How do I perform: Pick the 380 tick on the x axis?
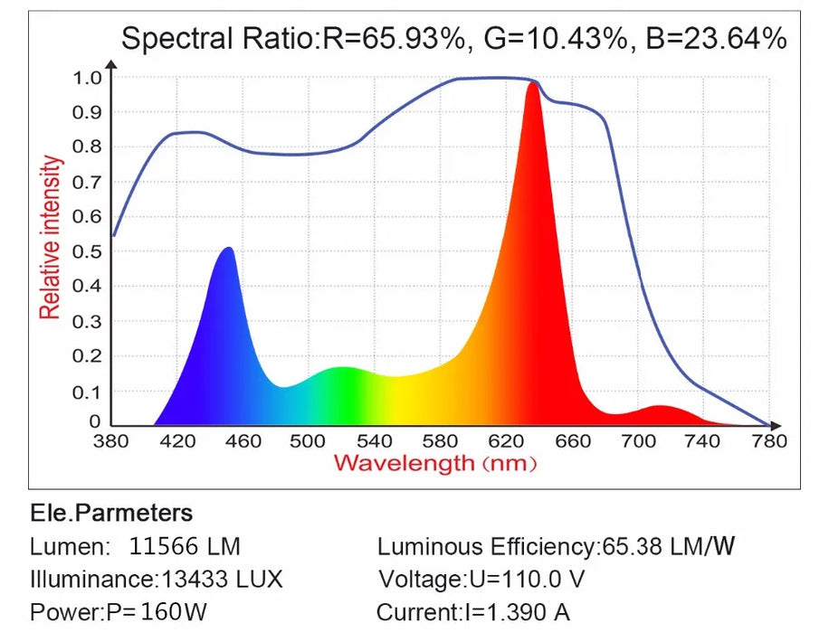point(112,441)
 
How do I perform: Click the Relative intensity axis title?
point(52,237)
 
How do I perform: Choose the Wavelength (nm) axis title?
point(435,464)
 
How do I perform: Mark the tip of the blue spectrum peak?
point(228,249)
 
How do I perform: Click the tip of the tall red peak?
point(533,84)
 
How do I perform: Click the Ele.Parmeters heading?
point(111,514)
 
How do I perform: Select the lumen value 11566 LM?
point(185,546)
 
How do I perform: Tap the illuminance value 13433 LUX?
point(222,579)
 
